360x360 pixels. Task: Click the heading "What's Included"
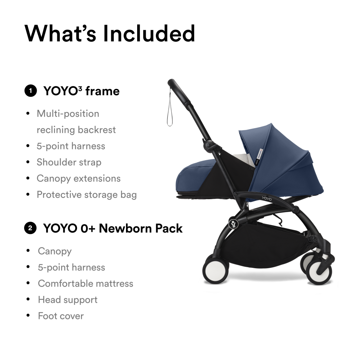[110, 33]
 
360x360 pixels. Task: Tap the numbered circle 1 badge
[31, 91]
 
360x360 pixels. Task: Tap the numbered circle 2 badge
[30, 228]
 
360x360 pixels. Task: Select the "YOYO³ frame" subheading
[81, 91]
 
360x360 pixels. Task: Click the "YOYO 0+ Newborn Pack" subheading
[113, 229]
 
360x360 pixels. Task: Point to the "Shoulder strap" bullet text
[69, 162]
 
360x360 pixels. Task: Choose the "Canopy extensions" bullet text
[78, 179]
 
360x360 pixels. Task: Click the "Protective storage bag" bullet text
[87, 195]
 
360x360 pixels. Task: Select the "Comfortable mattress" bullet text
[85, 284]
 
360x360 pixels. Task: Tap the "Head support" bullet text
[68, 300]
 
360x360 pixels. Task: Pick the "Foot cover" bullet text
[61, 316]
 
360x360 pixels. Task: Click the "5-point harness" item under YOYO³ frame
[71, 146]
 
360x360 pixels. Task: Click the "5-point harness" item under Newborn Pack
[71, 267]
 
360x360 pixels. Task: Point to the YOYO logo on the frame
[267, 198]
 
